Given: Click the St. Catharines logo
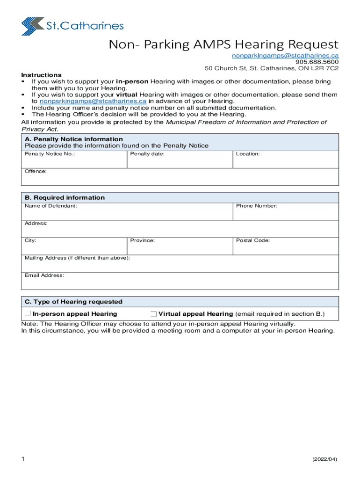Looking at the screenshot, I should coord(72,26).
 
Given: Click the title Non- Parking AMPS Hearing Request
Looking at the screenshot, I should coord(223,45).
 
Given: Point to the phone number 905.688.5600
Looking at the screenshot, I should coord(317,62).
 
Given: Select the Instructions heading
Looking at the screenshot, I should coord(41,75).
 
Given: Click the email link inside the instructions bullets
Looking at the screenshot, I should coord(93,101).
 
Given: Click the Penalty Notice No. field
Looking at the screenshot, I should coord(74,160).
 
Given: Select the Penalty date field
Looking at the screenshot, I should coord(180,160).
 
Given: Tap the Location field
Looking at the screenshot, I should coord(286,160).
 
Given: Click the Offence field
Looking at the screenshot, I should coord(180,177).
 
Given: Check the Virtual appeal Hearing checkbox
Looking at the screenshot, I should coord(153,313).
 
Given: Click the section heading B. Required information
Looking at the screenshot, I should coord(65,198).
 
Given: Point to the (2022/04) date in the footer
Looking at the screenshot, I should coord(324,460).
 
